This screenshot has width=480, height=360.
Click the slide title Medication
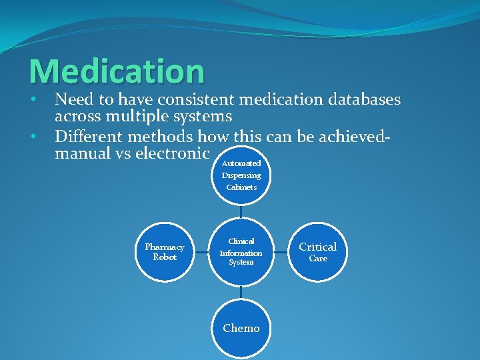(x=117, y=71)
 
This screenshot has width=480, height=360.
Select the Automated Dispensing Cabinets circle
(x=242, y=175)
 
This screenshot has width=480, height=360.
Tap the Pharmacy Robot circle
(x=165, y=252)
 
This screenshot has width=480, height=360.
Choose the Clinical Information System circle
(x=241, y=252)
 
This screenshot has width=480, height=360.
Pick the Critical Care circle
(x=318, y=252)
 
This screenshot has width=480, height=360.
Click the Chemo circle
(x=241, y=328)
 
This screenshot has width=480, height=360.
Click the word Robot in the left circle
(x=165, y=257)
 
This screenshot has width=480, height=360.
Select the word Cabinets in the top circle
(x=241, y=187)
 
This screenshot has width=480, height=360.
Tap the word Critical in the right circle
(x=318, y=247)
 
